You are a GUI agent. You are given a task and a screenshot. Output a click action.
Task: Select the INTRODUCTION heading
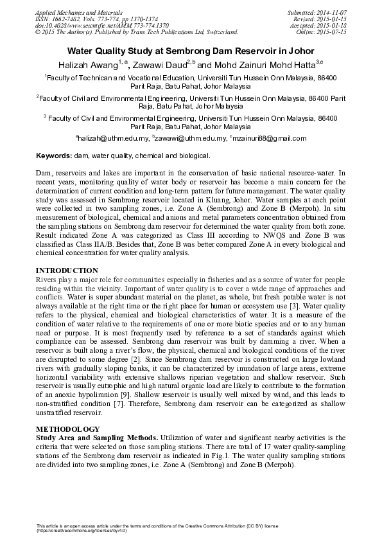[67, 270]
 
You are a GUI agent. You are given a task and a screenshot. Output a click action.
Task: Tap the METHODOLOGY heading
[68, 429]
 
